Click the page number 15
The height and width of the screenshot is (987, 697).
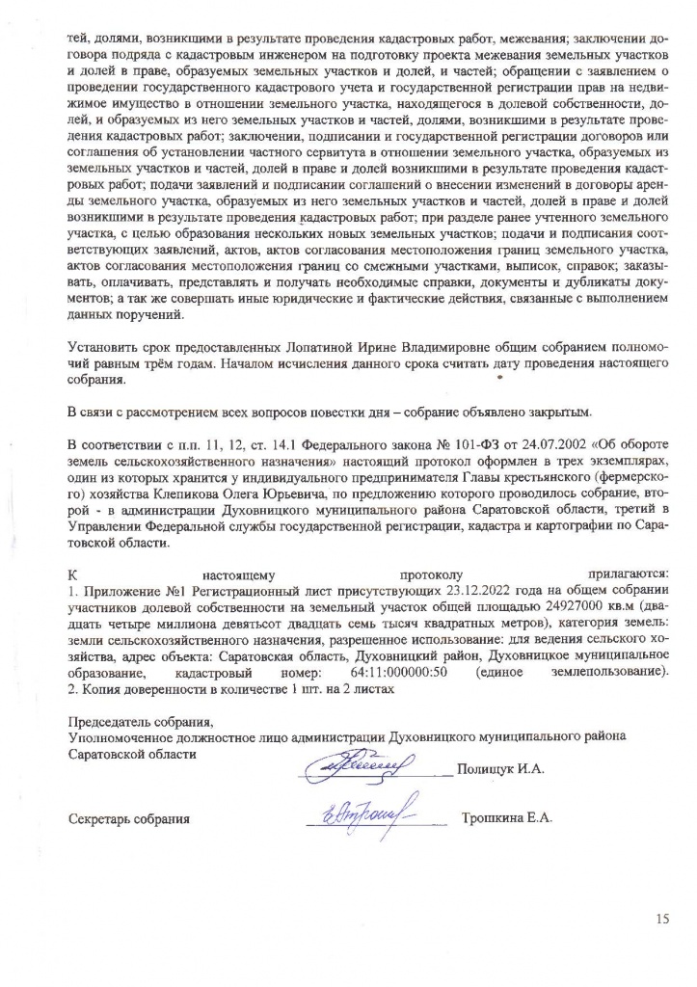tap(661, 919)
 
